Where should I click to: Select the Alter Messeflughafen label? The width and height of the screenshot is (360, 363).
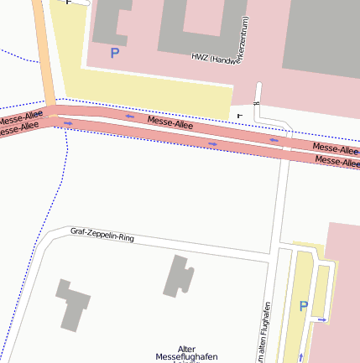pyautogui.click(x=186, y=354)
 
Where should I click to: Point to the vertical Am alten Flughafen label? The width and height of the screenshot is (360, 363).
pyautogui.click(x=264, y=332)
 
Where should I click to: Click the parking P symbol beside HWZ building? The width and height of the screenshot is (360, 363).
pyautogui.click(x=115, y=54)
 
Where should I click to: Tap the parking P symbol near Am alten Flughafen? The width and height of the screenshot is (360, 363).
pyautogui.click(x=304, y=307)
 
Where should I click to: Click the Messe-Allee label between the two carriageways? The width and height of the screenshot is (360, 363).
pyautogui.click(x=170, y=123)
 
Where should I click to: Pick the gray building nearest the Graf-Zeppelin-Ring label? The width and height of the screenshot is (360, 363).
pyautogui.click(x=178, y=276)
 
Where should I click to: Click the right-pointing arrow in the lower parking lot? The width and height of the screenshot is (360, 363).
pyautogui.click(x=322, y=319)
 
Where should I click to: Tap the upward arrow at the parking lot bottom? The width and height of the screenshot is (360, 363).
pyautogui.click(x=300, y=358)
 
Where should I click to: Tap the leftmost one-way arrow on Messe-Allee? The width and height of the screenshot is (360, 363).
pyautogui.click(x=68, y=123)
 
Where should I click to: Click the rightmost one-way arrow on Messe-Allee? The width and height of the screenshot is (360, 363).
pyautogui.click(x=274, y=140)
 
